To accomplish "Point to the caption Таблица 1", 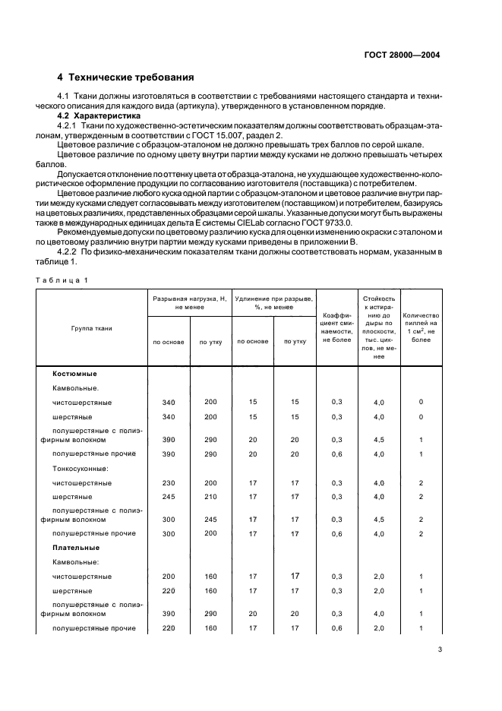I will [x=61, y=280].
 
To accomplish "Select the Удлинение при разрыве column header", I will [x=274, y=303].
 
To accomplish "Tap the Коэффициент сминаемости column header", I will [x=336, y=328].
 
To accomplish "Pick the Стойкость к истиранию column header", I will [x=379, y=328].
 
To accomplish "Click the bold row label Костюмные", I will [x=74, y=374].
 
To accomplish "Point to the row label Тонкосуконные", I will [x=80, y=468].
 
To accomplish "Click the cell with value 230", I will [x=169, y=482].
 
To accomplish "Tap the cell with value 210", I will [x=210, y=496].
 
